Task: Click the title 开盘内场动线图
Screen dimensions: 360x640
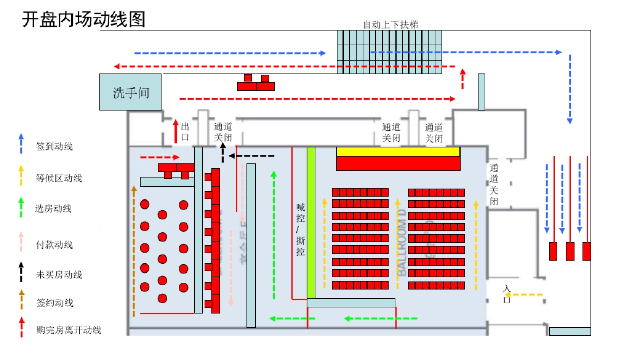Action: [84, 20]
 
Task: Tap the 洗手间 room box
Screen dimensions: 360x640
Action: [131, 92]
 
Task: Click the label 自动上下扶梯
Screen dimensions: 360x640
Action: [390, 25]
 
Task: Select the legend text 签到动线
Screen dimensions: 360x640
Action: [54, 146]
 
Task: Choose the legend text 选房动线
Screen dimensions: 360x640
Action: [53, 209]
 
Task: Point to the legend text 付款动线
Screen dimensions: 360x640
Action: [54, 245]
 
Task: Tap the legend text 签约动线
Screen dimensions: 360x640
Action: [54, 302]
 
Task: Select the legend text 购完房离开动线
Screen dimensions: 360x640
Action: [69, 330]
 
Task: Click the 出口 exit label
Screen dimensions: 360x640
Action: [186, 132]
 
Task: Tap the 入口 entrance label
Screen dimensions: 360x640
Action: [507, 294]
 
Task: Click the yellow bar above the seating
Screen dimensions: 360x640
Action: [398, 151]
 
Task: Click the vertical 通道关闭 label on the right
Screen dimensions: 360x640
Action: [494, 185]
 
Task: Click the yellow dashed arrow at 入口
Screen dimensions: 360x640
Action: [528, 294]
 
